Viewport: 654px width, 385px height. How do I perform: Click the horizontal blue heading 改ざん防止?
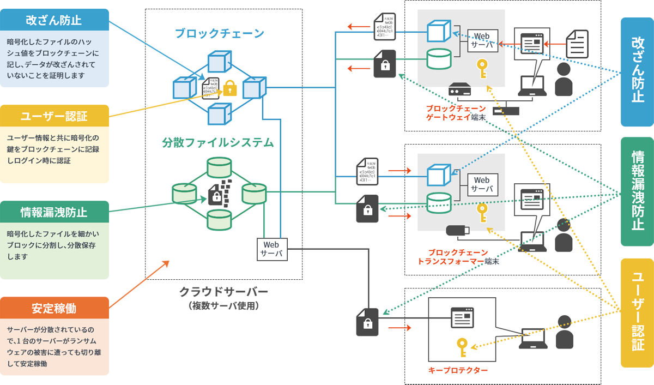point(53,21)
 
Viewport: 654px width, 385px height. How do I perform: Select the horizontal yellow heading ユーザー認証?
point(53,116)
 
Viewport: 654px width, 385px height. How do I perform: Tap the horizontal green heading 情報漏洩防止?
point(53,211)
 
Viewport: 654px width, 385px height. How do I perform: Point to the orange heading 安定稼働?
point(53,309)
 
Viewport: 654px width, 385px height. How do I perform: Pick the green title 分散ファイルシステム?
point(218,143)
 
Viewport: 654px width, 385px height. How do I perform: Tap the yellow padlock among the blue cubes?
point(230,88)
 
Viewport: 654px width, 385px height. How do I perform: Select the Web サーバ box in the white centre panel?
point(271,249)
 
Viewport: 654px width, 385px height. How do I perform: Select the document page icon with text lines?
point(577,44)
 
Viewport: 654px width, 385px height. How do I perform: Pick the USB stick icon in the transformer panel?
point(458,230)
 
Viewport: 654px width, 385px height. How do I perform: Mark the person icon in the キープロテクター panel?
point(564,333)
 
